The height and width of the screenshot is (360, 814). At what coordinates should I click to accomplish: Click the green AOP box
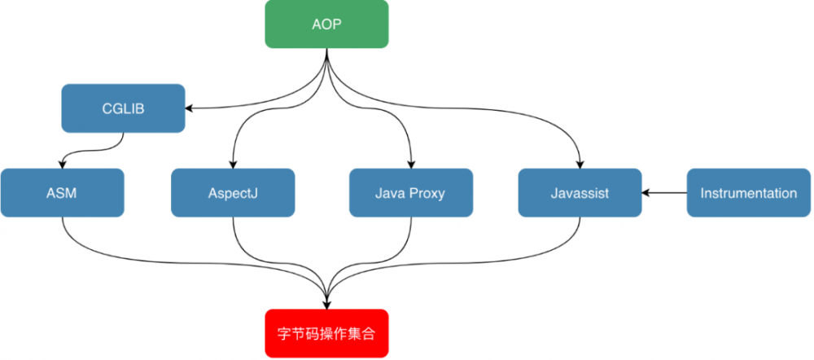pos(326,24)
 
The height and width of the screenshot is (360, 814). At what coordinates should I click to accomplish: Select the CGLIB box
pos(123,108)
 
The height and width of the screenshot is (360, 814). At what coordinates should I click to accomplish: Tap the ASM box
pos(62,193)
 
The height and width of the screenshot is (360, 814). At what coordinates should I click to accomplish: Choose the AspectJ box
pos(233,193)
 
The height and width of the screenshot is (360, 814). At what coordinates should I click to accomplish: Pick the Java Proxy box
pos(411,193)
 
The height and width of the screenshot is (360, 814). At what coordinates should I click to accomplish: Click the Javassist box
pos(580,193)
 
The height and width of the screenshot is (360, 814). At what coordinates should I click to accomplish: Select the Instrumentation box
pos(749,193)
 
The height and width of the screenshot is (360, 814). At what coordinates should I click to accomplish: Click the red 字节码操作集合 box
pos(326,334)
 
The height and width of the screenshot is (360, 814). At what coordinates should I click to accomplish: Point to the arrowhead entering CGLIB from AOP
pos(190,108)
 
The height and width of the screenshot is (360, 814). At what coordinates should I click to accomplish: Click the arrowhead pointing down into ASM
pos(62,165)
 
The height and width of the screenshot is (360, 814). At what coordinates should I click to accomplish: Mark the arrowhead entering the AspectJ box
pos(233,165)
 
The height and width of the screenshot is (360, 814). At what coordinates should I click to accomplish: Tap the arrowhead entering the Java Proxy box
pos(411,165)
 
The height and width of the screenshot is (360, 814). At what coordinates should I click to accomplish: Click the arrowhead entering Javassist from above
pos(580,165)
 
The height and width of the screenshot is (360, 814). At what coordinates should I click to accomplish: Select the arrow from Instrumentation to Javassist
pos(663,193)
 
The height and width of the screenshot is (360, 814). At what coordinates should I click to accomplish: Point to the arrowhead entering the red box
pos(326,305)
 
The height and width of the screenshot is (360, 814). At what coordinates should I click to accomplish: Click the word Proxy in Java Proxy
pos(428,193)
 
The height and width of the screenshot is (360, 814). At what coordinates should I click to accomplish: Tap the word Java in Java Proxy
pos(390,193)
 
